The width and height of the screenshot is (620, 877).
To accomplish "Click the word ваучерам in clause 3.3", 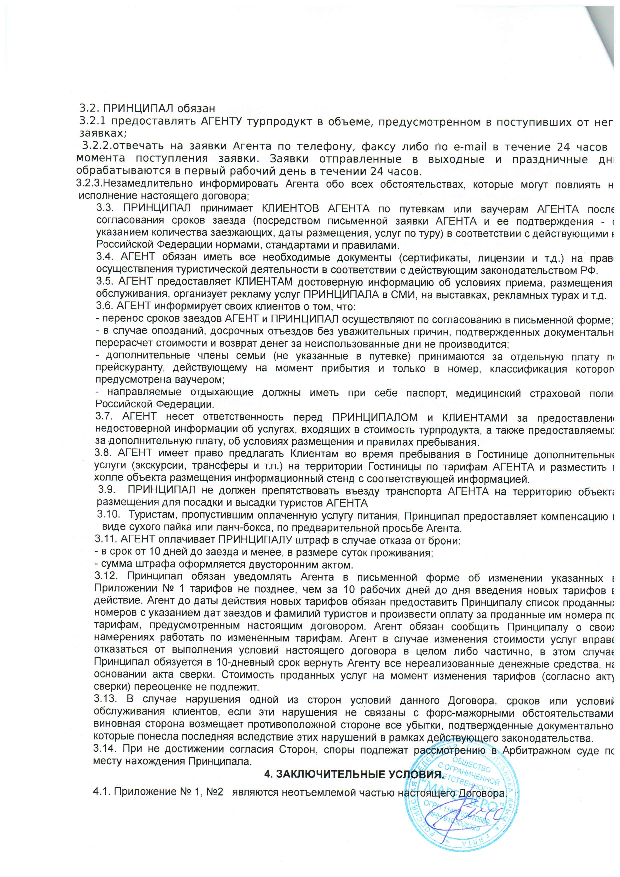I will [x=505, y=209].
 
